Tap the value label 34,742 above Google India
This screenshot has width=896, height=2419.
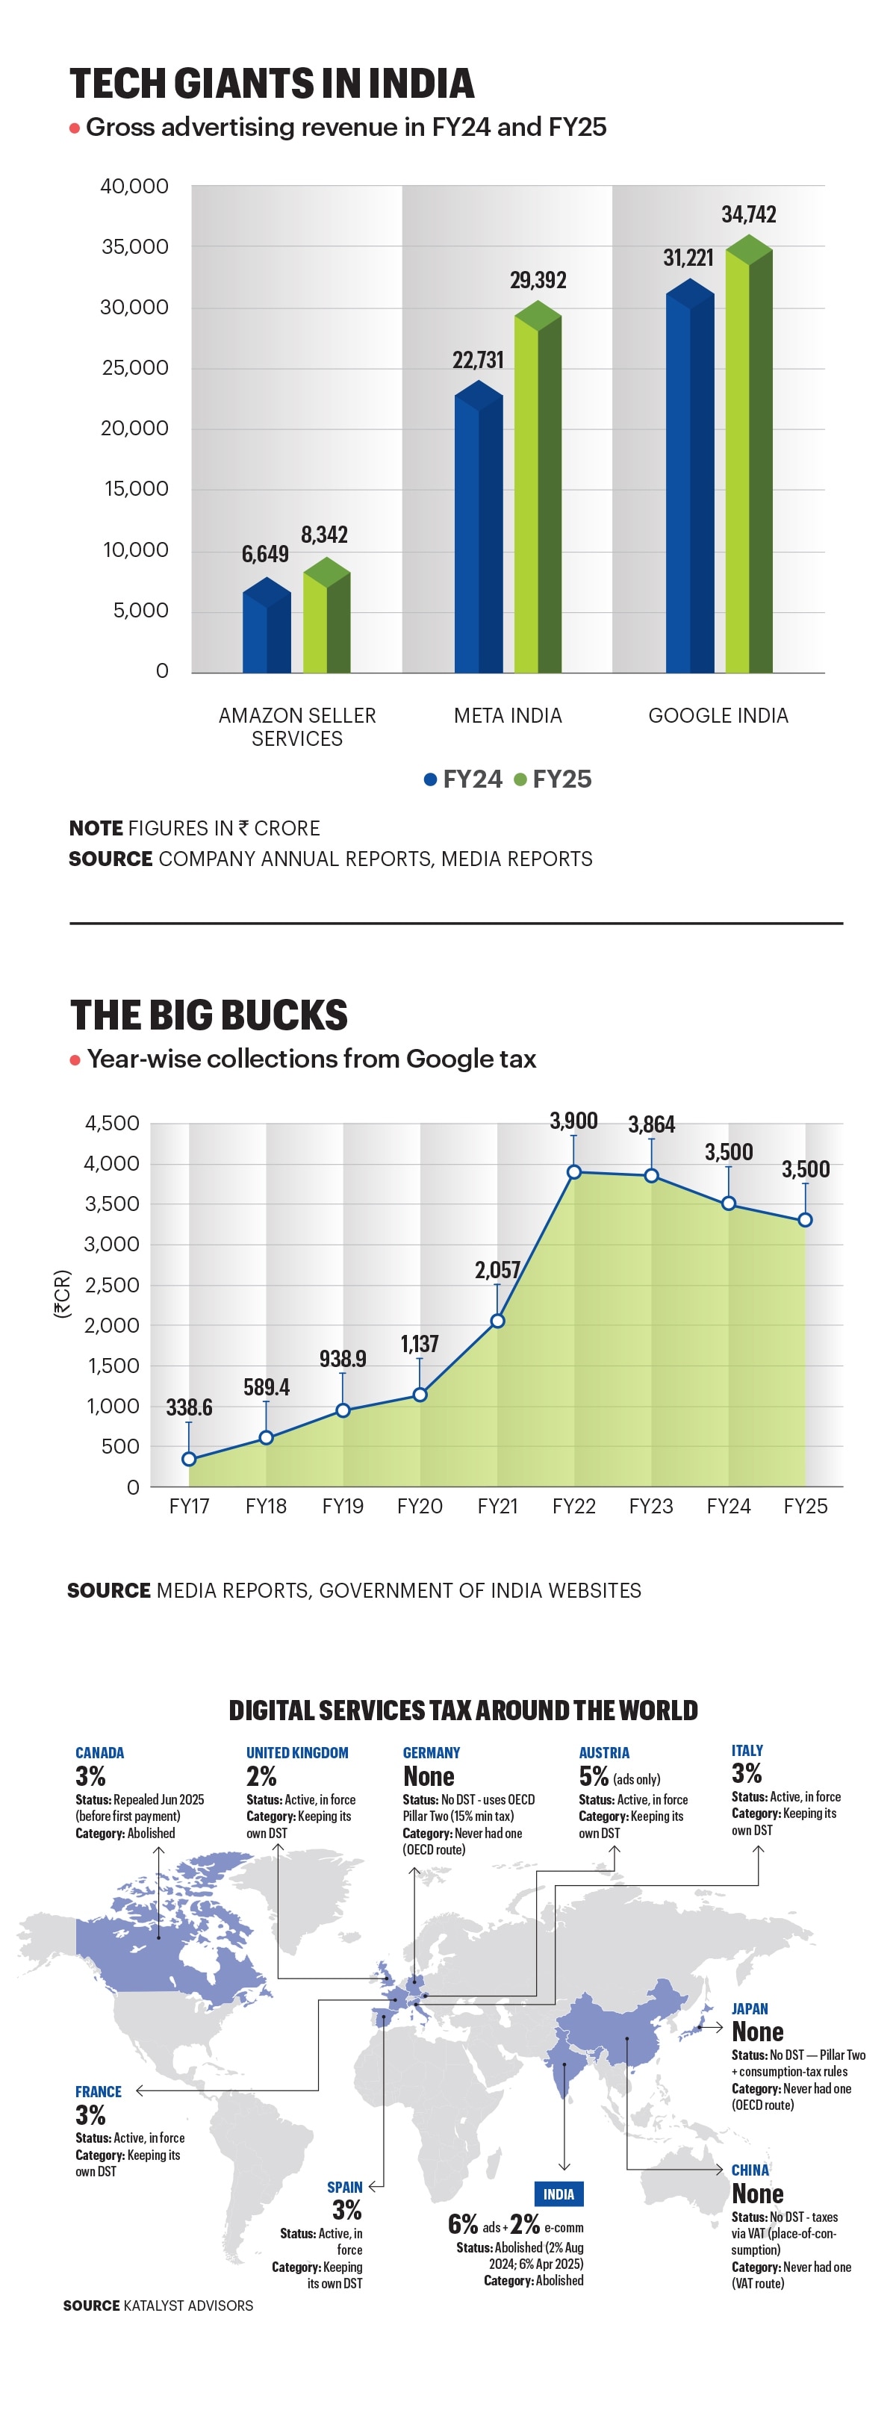tap(749, 215)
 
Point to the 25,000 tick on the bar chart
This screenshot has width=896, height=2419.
tap(135, 367)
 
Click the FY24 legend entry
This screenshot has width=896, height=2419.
tap(463, 779)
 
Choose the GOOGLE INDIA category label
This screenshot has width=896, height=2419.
tap(718, 715)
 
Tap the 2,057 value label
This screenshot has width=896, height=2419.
tap(497, 1269)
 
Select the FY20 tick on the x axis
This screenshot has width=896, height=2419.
tap(420, 1505)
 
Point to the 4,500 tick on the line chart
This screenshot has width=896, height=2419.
tap(112, 1123)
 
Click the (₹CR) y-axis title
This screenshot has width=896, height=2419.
tap(62, 1293)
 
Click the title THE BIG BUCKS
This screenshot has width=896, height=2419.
tap(208, 1015)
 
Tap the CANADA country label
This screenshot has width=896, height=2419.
tap(99, 1752)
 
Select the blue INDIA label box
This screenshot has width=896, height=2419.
tap(558, 2194)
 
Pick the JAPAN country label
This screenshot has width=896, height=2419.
tap(750, 2008)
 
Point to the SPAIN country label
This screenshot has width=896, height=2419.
tap(345, 2187)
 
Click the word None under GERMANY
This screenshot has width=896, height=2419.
tap(429, 1777)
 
